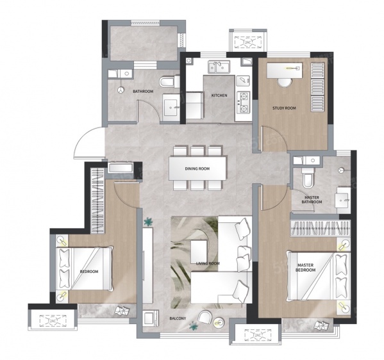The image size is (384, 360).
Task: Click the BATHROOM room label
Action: click(143, 92)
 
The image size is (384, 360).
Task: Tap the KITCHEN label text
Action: click(219, 95)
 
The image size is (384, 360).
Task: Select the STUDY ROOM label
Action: click(284, 108)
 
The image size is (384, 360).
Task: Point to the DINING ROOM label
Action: click(197, 168)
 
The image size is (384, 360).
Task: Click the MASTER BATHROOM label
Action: click(312, 200)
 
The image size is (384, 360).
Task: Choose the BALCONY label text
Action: click(178, 318)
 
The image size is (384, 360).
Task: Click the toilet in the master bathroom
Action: click(307, 178)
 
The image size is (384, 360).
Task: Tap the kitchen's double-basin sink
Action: click(219, 67)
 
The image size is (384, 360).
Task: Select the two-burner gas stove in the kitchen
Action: click(243, 102)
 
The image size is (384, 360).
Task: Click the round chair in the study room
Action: click(285, 83)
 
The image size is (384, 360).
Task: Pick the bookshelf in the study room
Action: click(317, 87)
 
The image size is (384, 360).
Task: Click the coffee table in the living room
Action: click(199, 252)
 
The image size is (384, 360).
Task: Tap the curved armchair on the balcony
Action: click(205, 317)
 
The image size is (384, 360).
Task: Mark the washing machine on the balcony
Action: click(151, 318)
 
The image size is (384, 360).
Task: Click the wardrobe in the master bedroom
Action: click(320, 228)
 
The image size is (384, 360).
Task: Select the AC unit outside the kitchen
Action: click(248, 41)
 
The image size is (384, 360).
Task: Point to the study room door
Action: click(274, 139)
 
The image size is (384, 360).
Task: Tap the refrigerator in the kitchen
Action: click(194, 106)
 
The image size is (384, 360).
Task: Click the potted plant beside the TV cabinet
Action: click(149, 222)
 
